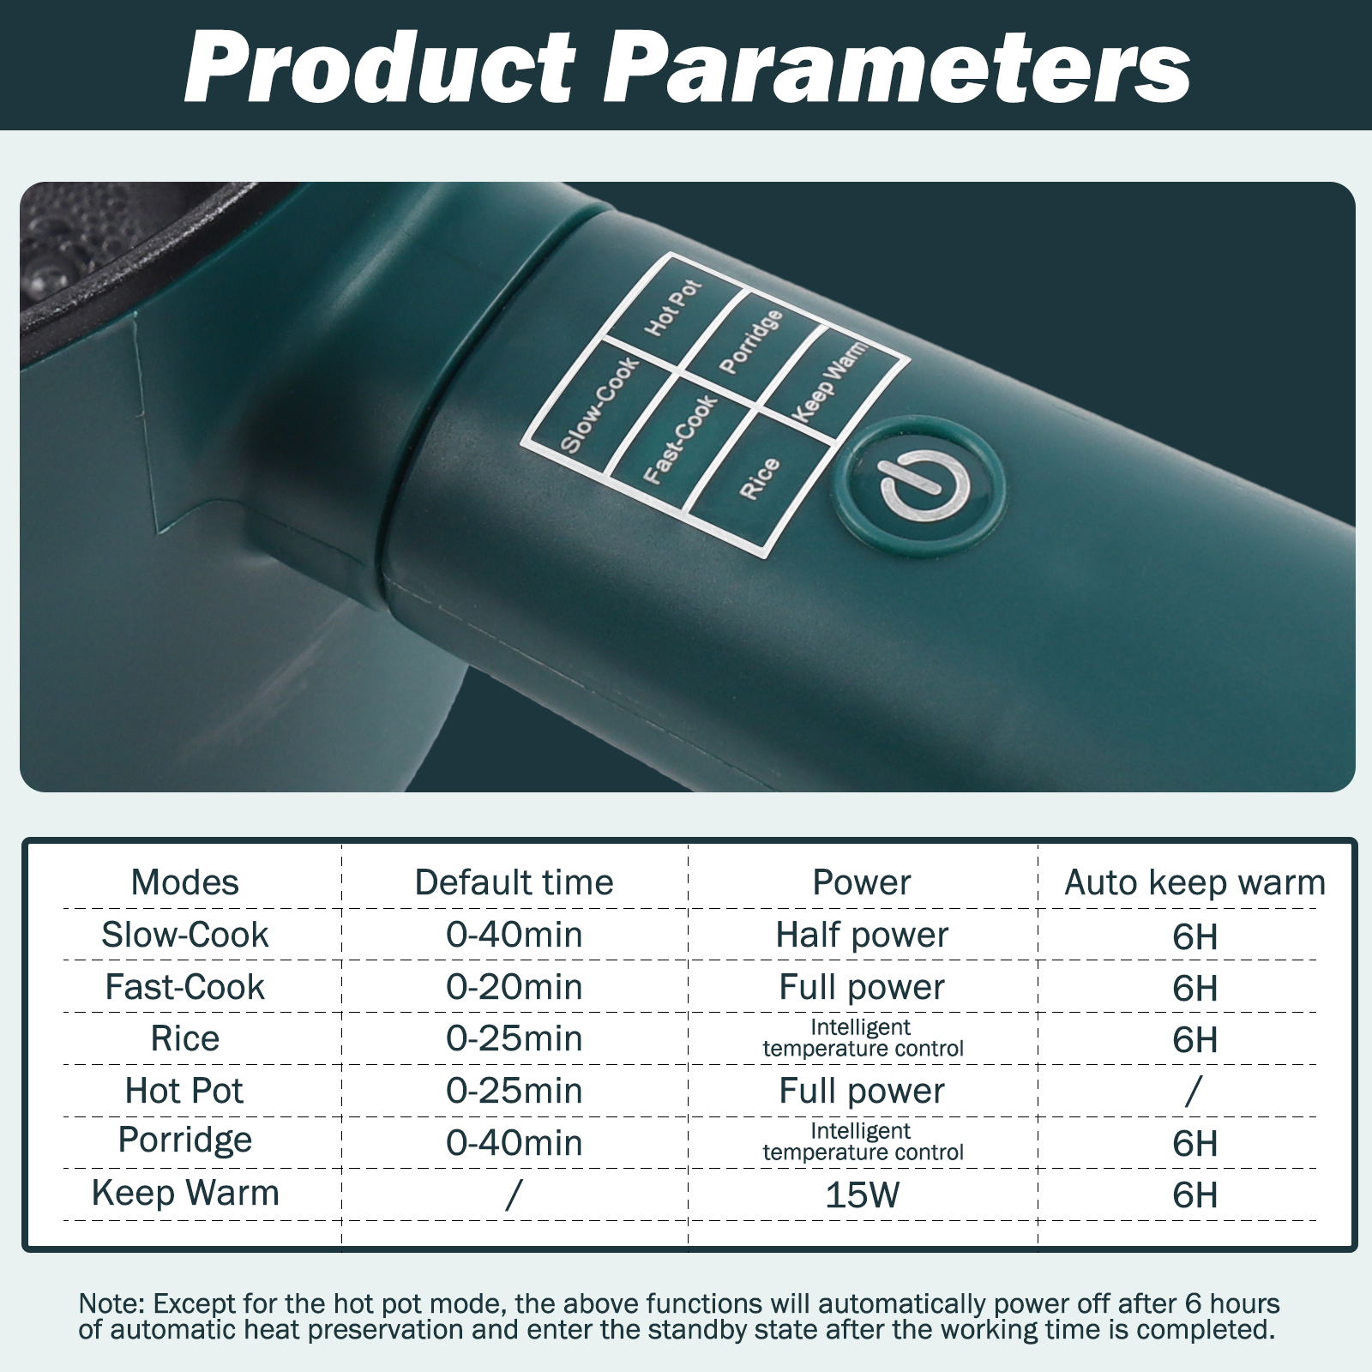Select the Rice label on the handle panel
[760, 478]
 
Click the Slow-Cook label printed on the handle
[599, 404]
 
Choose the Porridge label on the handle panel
[751, 341]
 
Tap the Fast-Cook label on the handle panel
[680, 439]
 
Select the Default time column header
[514, 882]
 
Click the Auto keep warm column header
[1195, 882]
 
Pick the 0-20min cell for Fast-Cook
[514, 987]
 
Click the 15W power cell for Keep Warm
[863, 1194]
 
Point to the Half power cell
[863, 936]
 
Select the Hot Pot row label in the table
[184, 1091]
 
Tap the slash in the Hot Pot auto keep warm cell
[1194, 1092]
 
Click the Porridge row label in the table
[185, 1141]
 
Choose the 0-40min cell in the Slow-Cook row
[514, 935]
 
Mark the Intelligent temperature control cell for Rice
[863, 1038]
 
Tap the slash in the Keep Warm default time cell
[513, 1195]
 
